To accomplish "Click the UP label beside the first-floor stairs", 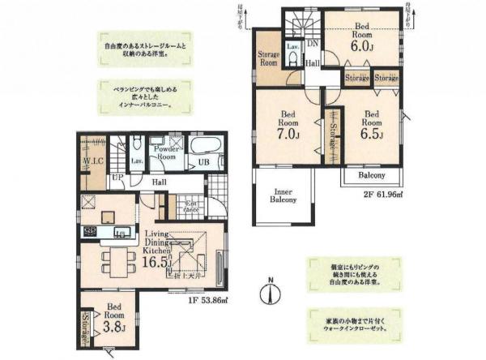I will tap(118, 176).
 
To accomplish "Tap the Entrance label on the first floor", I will tap(192, 206).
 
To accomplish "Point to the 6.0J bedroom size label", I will tap(361, 47).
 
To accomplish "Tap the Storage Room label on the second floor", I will tap(268, 60).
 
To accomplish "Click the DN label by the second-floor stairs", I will tap(313, 44).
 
